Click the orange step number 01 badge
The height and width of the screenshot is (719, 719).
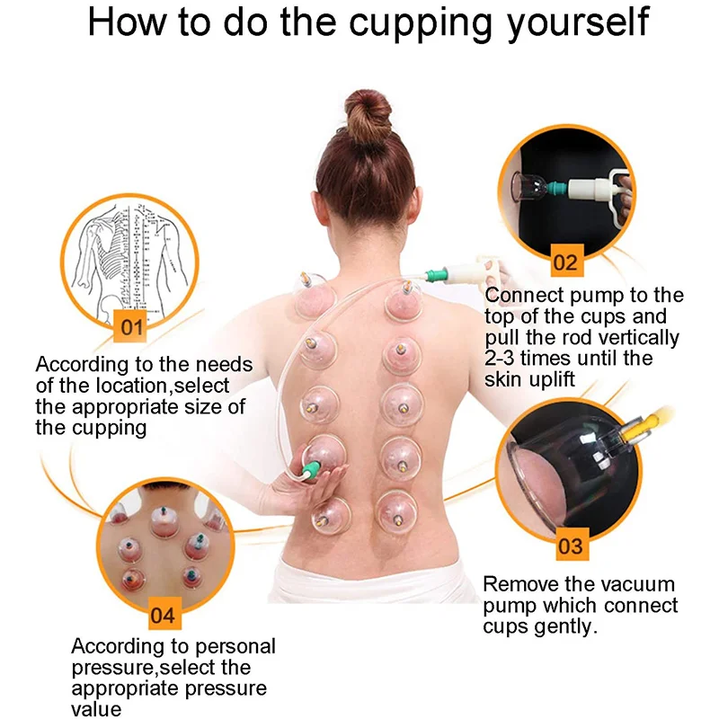(x=131, y=326)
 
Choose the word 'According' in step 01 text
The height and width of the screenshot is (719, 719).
(x=80, y=366)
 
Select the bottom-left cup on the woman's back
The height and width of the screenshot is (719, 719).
(x=328, y=512)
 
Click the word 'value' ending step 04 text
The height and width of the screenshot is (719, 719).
(x=97, y=708)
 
